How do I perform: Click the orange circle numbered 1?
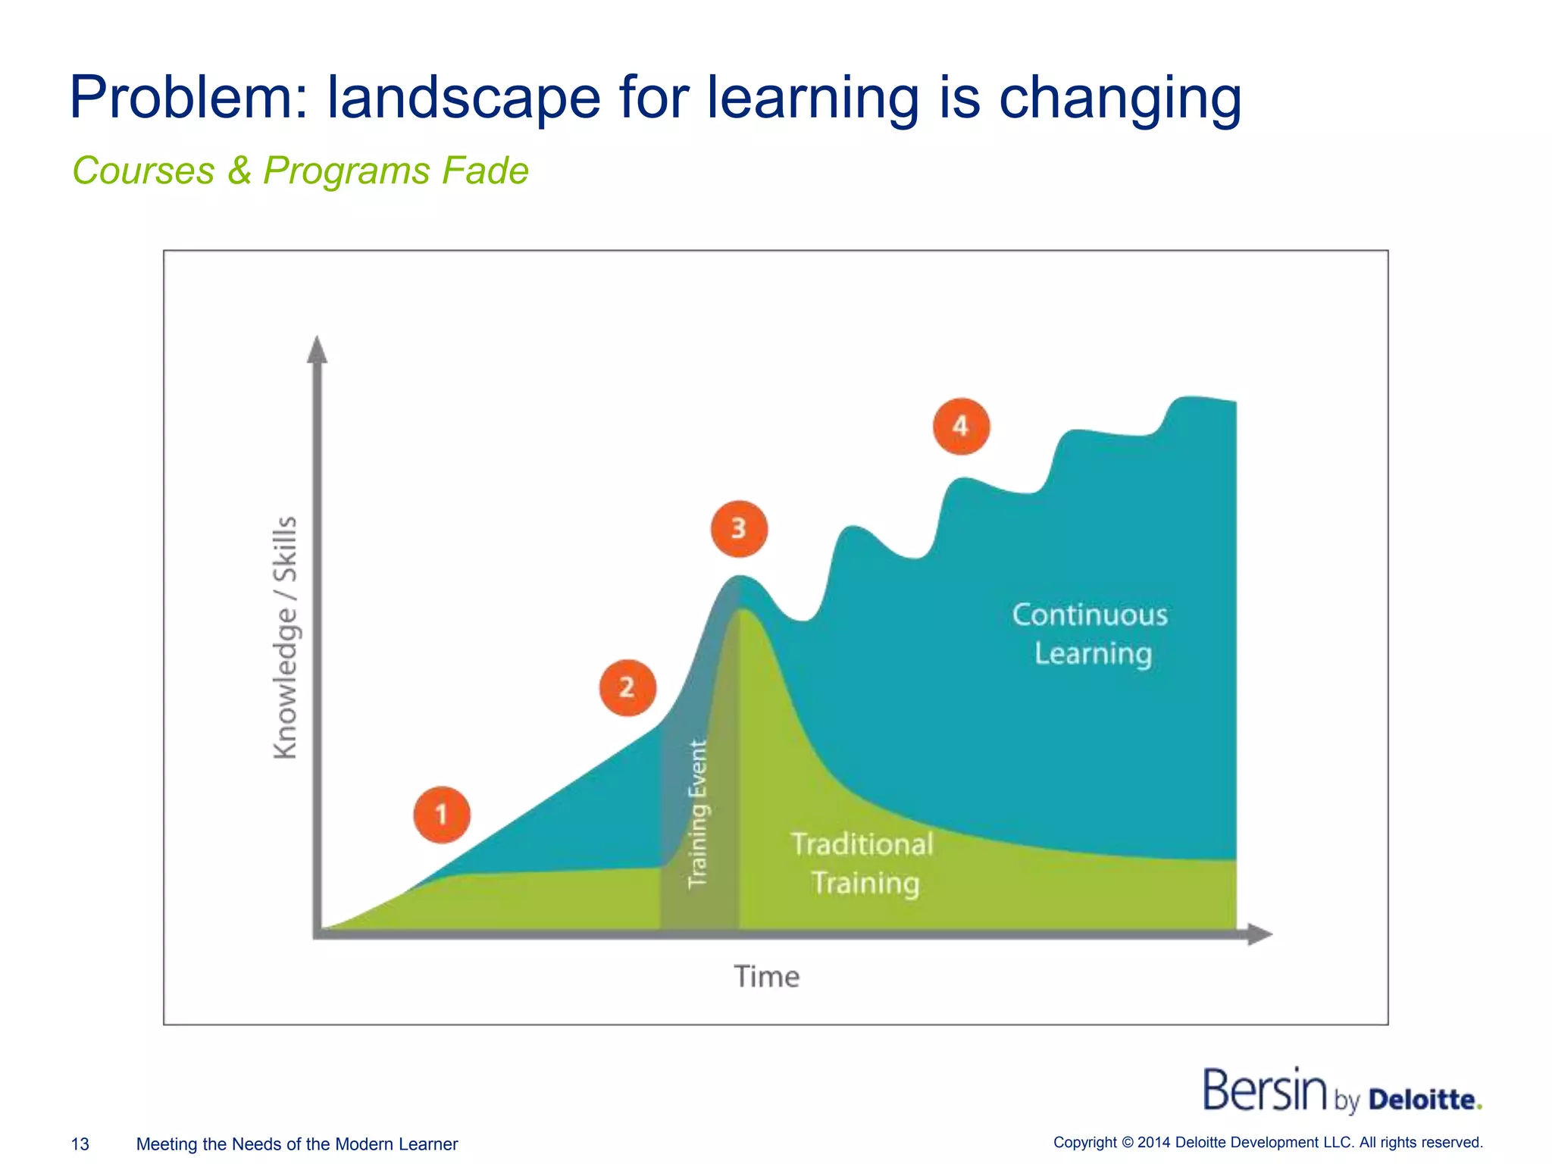pyautogui.click(x=442, y=815)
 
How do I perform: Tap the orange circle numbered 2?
pyautogui.click(x=627, y=687)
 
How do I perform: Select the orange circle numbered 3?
pyautogui.click(x=739, y=528)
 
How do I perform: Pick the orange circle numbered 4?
pyautogui.click(x=961, y=426)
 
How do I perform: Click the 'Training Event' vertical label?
pyautogui.click(x=698, y=814)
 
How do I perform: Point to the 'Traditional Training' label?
pyautogui.click(x=863, y=864)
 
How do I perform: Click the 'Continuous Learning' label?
pyautogui.click(x=1090, y=634)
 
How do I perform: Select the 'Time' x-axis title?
pyautogui.click(x=766, y=977)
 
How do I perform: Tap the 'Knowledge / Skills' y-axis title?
pyautogui.click(x=286, y=637)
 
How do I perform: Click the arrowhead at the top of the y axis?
pyautogui.click(x=318, y=349)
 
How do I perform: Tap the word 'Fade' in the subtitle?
pyautogui.click(x=485, y=171)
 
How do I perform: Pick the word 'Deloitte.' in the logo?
pyautogui.click(x=1425, y=1100)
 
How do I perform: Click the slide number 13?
pyautogui.click(x=80, y=1144)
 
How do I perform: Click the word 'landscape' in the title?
pyautogui.click(x=463, y=99)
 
